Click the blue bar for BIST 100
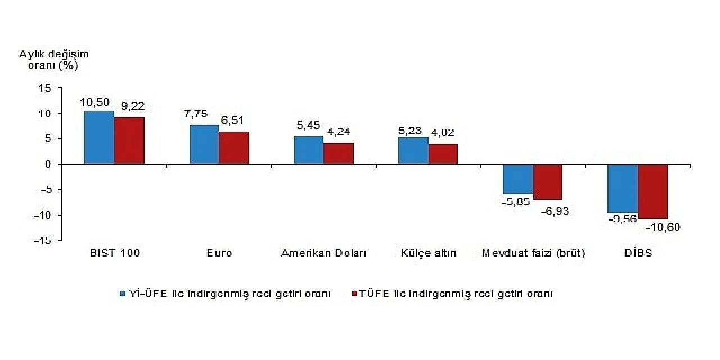(x=99, y=137)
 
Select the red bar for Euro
(x=234, y=148)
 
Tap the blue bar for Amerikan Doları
(x=309, y=150)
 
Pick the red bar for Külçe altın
(x=443, y=154)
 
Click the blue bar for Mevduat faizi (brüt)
(x=518, y=179)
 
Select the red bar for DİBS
(x=653, y=191)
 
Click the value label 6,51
(x=231, y=121)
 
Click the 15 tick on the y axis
(x=46, y=88)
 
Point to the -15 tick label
(x=43, y=241)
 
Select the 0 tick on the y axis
(x=48, y=164)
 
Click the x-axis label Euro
(x=219, y=253)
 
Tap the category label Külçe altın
(x=429, y=253)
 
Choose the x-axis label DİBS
(x=638, y=253)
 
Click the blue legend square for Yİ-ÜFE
(x=123, y=294)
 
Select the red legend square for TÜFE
(x=354, y=294)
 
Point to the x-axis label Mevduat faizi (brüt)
(x=533, y=253)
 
